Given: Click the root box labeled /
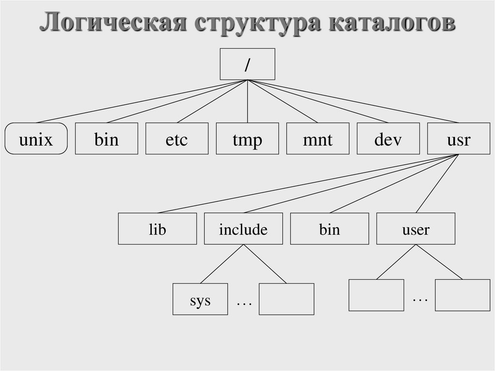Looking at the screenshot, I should coord(247,64).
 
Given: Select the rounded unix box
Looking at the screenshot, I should coord(36,139).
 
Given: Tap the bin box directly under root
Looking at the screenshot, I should coord(106,139).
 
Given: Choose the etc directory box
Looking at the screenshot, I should coord(177,139).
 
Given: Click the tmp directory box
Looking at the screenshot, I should coord(247,139).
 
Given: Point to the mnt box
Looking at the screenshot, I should coord(318,139).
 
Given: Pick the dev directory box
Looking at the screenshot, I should coord(388,139).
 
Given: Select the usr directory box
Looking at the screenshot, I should coord(458,139).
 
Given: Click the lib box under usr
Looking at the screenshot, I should coord(157,229).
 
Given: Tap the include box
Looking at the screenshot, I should coord(243,229).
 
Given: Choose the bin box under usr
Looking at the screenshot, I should coord(329,229).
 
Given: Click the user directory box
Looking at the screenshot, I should coord(416,229).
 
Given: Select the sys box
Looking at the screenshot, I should coord(200,299).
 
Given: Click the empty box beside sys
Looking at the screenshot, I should coord(286,299).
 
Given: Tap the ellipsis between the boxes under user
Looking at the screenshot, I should coord(420,299).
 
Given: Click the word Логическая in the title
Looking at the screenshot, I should coord(113,23).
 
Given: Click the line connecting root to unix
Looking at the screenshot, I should coord(142,101).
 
